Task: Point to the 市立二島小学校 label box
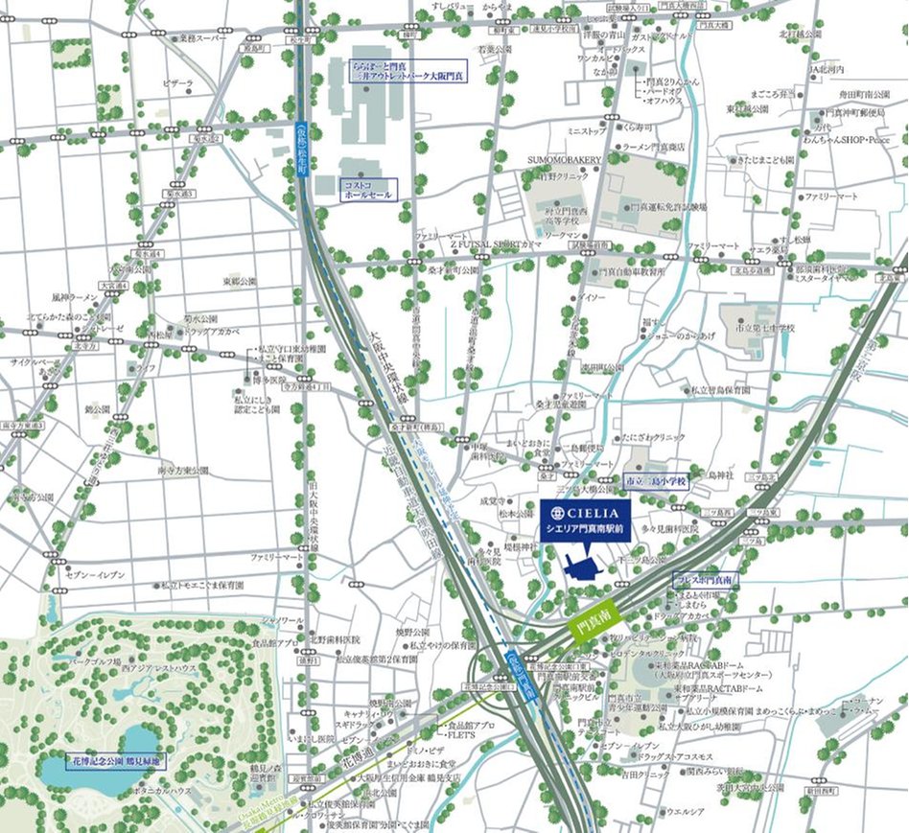pos(656,483)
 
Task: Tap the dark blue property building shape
pos(582,567)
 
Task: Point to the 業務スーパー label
pos(199,39)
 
